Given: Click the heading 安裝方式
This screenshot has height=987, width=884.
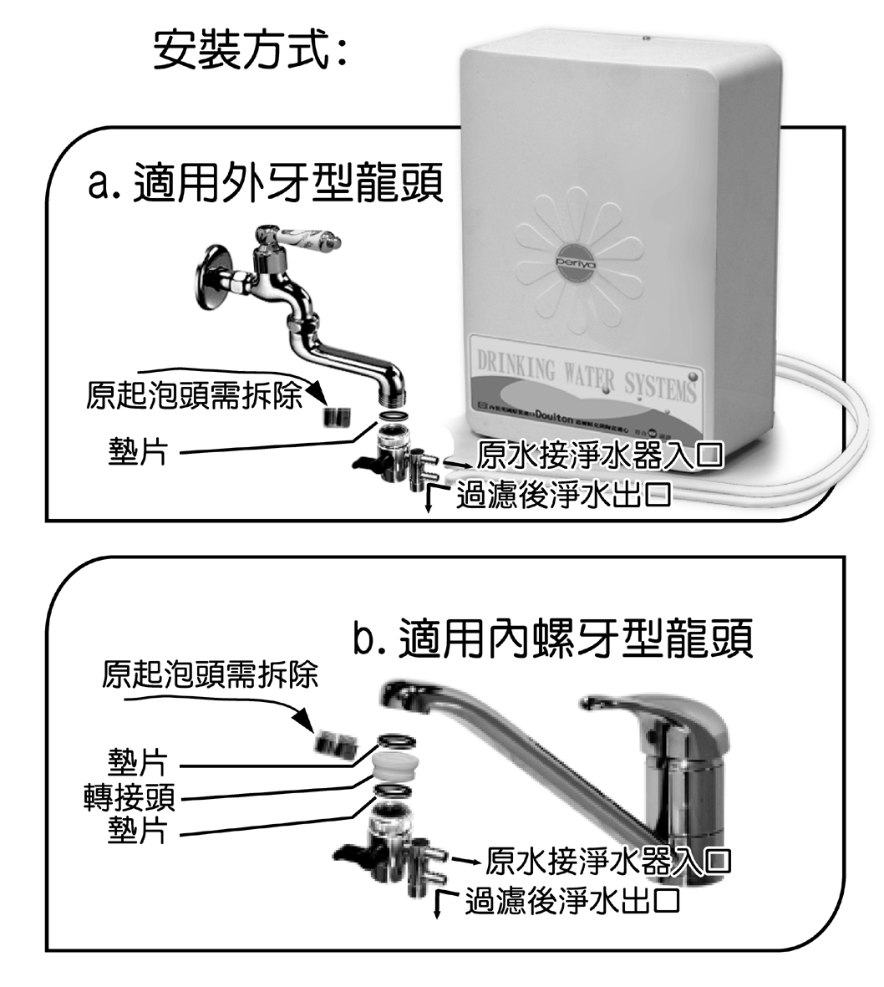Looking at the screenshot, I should pyautogui.click(x=250, y=51).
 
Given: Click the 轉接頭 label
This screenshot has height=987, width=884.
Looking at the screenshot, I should pyautogui.click(x=130, y=796).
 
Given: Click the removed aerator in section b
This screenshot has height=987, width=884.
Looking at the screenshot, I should pyautogui.click(x=334, y=742).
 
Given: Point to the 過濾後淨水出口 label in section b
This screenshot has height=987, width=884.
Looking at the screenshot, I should pyautogui.click(x=572, y=901).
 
